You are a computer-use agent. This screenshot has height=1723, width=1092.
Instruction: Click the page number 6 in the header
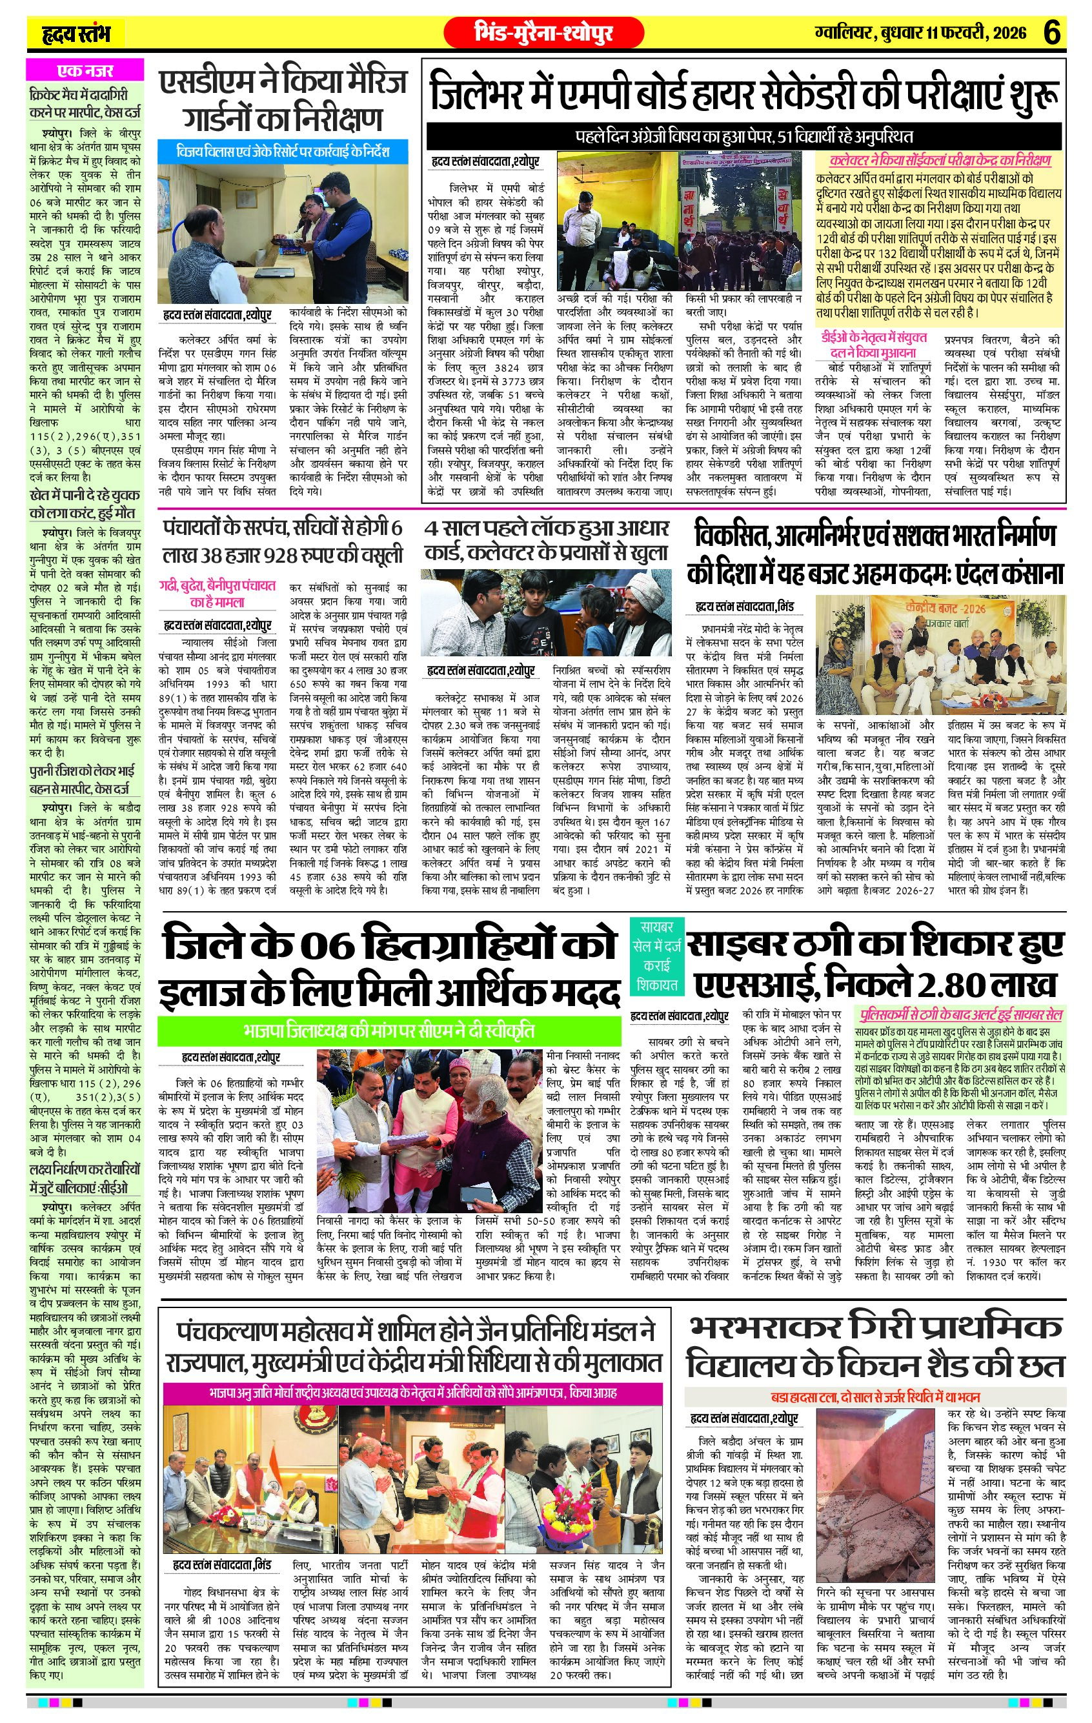click(1052, 33)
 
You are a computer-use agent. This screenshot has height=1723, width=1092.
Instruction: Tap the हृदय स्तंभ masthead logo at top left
click(74, 34)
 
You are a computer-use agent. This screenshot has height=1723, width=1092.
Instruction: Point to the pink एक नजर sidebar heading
click(85, 70)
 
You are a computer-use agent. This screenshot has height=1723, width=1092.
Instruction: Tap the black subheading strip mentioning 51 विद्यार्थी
click(744, 136)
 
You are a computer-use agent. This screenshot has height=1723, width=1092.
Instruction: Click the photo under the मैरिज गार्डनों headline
click(283, 233)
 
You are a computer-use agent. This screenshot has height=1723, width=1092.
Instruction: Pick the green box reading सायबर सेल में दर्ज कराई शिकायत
click(657, 954)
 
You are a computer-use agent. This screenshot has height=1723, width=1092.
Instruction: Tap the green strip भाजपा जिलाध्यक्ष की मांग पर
click(389, 1031)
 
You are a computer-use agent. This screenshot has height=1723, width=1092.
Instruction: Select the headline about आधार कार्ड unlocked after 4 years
click(547, 539)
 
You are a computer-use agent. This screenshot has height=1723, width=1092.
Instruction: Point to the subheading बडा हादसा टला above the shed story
click(875, 1396)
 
